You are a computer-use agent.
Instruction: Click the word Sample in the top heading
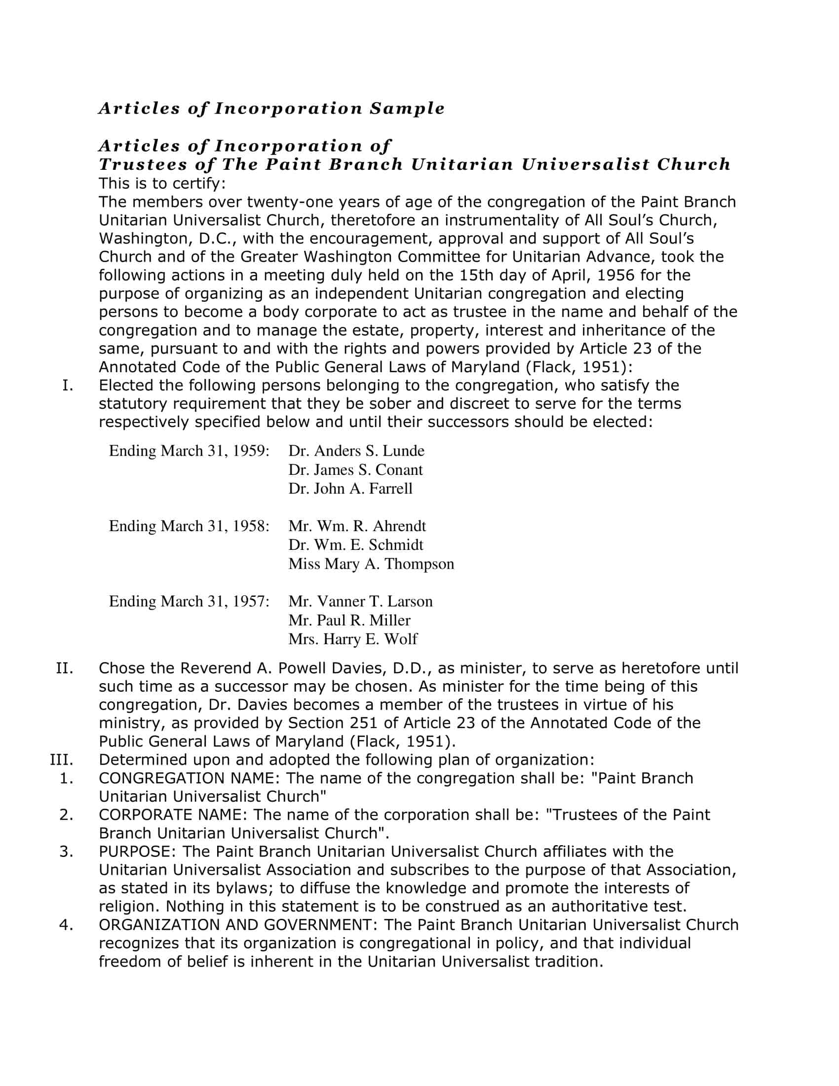[x=407, y=109]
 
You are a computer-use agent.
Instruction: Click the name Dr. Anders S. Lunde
[x=356, y=451]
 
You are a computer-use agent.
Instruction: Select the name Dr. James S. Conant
[x=355, y=469]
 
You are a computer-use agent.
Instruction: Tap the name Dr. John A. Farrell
[x=350, y=488]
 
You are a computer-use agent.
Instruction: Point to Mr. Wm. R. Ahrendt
[x=357, y=526]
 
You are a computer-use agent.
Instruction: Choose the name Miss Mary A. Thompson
[x=371, y=563]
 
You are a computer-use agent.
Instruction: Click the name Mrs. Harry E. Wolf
[x=352, y=638]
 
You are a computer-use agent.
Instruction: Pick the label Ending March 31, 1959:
[x=189, y=451]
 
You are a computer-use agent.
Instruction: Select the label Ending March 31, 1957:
[x=189, y=601]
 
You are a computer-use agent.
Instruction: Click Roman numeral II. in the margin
[x=65, y=668]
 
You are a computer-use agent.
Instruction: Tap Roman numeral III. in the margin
[x=62, y=759]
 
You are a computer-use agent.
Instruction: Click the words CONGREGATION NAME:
[x=190, y=777]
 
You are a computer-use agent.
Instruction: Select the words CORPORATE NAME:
[x=174, y=814]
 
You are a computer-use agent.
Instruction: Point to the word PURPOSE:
[x=138, y=852]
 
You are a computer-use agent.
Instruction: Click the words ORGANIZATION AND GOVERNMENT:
[x=238, y=925]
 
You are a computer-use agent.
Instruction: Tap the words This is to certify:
[x=162, y=184]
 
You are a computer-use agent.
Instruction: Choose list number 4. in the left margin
[x=66, y=925]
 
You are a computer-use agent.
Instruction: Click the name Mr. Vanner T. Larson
[x=360, y=601]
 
